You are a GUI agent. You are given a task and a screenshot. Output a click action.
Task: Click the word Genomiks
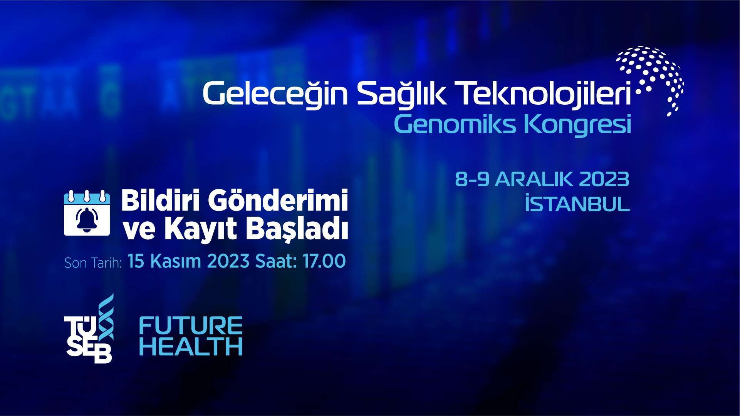[455, 125]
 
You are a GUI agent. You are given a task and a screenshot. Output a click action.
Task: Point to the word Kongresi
[577, 125]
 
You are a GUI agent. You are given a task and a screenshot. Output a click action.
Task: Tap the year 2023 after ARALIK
[604, 179]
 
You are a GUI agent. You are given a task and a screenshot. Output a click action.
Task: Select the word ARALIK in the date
[534, 179]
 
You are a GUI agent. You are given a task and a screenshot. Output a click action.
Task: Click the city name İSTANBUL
[577, 204]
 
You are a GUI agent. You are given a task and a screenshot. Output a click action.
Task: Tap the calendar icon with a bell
[87, 212]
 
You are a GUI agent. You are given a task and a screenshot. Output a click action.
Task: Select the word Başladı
[297, 229]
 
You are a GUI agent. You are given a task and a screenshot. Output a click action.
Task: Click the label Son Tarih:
[93, 263]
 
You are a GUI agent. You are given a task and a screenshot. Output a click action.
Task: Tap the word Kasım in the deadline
[176, 261]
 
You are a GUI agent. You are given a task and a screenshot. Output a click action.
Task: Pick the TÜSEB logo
[89, 329]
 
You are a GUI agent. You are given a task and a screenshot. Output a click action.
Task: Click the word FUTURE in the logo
[191, 326]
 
